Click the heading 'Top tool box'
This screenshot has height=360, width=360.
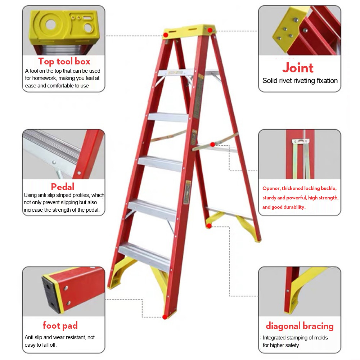coord(64,61)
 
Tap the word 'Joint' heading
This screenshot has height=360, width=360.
coord(298,68)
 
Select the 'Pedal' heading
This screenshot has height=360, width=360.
coord(62,186)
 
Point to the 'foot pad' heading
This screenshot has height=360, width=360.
coord(60,325)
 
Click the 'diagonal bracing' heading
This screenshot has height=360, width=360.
coord(300,326)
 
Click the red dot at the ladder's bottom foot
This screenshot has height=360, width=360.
coord(165,317)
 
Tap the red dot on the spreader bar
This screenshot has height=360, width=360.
coord(213,144)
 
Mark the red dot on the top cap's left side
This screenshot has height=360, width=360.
coord(166,35)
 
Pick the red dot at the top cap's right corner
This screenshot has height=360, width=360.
coord(210,30)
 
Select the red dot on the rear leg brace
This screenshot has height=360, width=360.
coord(209,226)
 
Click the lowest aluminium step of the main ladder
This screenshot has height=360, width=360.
coord(145,256)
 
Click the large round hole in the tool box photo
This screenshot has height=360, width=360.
coord(50,24)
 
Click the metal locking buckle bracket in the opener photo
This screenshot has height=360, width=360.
coord(301,141)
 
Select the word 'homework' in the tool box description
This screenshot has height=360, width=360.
coord(44,78)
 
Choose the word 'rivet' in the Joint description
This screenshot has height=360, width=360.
coord(286,81)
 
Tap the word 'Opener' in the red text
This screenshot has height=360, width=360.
coord(271,189)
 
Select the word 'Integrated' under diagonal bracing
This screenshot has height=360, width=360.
coord(274,338)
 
